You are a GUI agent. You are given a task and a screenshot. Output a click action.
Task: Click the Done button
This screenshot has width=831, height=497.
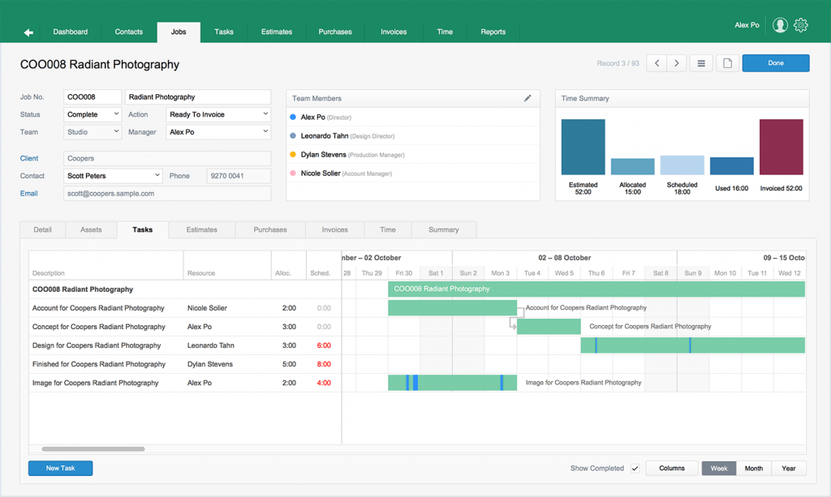tap(775, 63)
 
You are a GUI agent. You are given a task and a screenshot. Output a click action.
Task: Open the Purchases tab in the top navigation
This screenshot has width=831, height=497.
tap(335, 32)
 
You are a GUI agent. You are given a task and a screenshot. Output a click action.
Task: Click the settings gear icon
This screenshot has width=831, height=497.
tap(801, 25)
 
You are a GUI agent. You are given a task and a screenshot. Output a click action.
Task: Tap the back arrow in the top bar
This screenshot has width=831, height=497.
tap(28, 32)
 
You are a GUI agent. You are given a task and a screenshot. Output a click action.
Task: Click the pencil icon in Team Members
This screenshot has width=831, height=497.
tap(527, 98)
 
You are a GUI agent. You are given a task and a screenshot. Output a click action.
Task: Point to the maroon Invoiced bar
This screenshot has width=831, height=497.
tap(781, 147)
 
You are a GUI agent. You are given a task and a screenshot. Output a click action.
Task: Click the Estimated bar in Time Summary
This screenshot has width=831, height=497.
tap(583, 147)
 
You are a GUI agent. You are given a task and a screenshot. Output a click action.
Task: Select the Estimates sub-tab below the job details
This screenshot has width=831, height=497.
tap(201, 229)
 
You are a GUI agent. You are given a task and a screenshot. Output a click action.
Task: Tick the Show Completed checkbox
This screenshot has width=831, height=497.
tap(635, 469)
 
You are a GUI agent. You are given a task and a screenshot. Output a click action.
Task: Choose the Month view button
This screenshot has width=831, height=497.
tap(753, 469)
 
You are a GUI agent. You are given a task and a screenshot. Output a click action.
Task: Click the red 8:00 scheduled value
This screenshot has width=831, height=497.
tap(324, 364)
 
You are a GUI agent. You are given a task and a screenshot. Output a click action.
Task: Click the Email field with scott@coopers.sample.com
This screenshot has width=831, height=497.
tap(167, 194)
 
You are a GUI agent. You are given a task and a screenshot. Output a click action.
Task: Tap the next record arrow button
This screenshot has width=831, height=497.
tap(677, 63)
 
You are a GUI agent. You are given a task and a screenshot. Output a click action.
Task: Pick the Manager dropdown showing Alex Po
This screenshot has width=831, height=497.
tap(218, 132)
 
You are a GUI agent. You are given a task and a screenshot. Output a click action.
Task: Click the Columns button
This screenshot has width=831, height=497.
tap(672, 469)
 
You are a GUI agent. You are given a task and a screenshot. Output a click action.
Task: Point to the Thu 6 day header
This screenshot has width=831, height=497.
tap(596, 273)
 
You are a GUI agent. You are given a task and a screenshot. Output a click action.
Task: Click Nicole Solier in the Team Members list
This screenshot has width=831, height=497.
tap(321, 174)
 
